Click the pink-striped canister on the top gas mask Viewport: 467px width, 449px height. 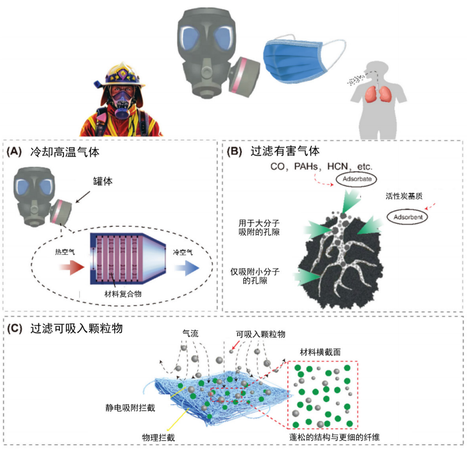click(243, 78)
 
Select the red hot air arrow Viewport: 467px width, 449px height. click(72, 267)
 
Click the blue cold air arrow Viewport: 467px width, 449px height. click(187, 267)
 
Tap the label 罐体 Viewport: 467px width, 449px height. click(103, 181)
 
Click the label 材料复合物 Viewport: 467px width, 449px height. click(123, 294)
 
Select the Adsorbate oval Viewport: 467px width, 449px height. click(357, 179)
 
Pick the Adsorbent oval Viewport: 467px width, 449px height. click(408, 217)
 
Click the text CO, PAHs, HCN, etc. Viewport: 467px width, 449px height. click(321, 166)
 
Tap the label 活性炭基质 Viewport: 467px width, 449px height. click(404, 196)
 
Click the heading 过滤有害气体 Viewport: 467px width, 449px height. click(285, 151)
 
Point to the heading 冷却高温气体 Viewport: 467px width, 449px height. click(65, 152)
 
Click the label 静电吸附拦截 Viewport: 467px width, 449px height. click(130, 408)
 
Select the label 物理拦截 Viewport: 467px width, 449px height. click(159, 437)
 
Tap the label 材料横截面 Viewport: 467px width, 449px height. click(320, 352)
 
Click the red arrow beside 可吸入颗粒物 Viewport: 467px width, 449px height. click(236, 345)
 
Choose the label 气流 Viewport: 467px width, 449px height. click(191, 334)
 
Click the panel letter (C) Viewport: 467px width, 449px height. click(15, 328)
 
